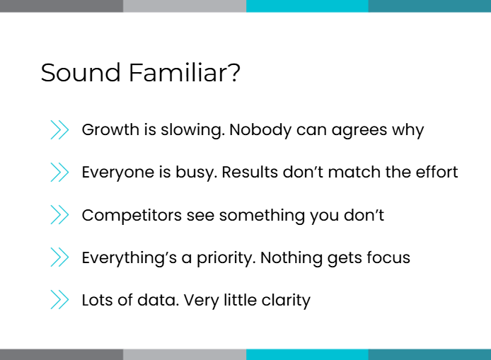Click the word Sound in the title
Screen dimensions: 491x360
pos(81,73)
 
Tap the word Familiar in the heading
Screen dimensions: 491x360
pos(177,73)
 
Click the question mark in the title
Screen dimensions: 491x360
pos(234,73)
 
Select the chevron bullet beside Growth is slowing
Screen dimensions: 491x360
pos(59,129)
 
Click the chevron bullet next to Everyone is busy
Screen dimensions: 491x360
pos(59,172)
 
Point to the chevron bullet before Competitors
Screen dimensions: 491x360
pos(59,215)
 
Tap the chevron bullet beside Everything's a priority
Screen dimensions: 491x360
pos(59,257)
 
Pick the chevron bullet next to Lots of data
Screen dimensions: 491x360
pos(59,300)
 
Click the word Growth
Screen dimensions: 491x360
pos(110,129)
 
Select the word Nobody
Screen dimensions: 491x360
pos(260,130)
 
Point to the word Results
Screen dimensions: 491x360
pos(250,172)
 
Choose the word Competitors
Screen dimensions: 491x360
pos(132,216)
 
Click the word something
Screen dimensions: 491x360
pos(262,216)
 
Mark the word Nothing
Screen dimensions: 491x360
pos(291,258)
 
